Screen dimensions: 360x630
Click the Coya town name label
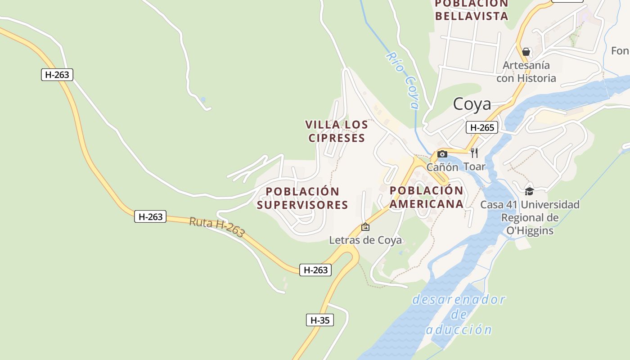tap(472, 104)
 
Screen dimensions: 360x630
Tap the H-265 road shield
tap(482, 127)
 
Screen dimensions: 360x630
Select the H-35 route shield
tap(320, 320)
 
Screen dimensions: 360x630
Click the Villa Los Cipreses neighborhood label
tap(337, 131)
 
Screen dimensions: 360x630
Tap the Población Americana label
tap(426, 197)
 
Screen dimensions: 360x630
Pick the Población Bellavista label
tap(472, 10)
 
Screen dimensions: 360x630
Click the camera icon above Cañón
tap(442, 154)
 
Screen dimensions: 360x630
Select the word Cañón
tap(442, 167)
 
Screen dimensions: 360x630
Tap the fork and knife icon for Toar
tap(474, 153)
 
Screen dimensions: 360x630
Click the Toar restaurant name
tap(474, 166)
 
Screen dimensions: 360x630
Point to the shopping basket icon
tap(526, 52)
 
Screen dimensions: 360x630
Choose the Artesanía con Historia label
tap(526, 72)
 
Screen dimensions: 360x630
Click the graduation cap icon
tap(529, 191)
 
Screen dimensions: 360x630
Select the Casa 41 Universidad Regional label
tap(530, 217)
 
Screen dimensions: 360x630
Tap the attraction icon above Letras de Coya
tap(365, 227)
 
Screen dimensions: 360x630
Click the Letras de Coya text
tap(365, 240)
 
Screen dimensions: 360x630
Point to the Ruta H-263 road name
tap(217, 227)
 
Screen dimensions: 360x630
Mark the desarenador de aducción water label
tap(459, 314)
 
